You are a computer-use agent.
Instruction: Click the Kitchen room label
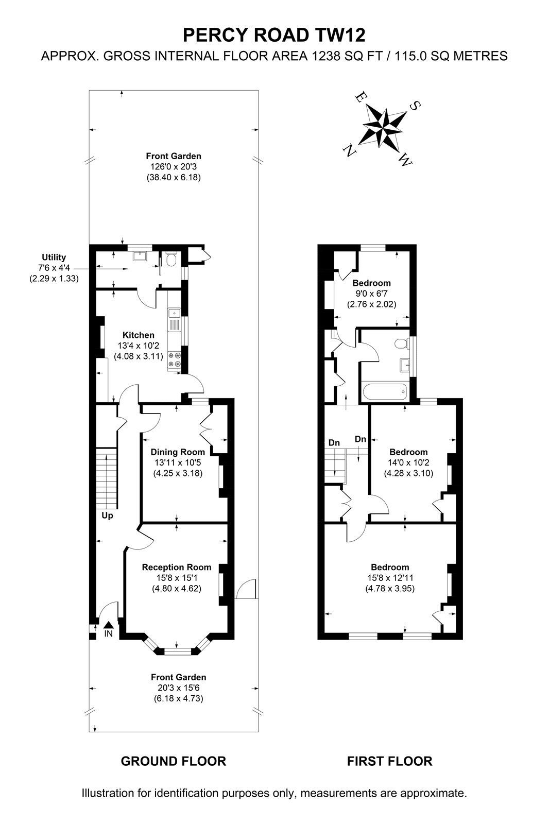[x=139, y=335]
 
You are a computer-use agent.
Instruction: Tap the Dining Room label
[x=178, y=452]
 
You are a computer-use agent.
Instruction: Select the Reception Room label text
[x=177, y=567]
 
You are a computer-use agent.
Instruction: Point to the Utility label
[x=54, y=257]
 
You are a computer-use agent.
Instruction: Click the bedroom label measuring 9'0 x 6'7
[x=372, y=283]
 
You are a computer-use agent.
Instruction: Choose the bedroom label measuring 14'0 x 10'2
[x=408, y=452]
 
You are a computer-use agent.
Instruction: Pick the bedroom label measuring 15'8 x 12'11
[x=390, y=567]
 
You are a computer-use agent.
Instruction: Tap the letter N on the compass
[x=347, y=150]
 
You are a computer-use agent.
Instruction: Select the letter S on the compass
[x=415, y=106]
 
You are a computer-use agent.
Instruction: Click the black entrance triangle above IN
[x=108, y=625]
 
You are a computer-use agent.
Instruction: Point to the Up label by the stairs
[x=107, y=516]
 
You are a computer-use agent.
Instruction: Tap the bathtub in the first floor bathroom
[x=385, y=392]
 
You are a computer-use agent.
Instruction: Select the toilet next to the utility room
[x=171, y=260]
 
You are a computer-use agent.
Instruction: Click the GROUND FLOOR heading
[x=174, y=762]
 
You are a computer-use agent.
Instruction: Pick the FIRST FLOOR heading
[x=390, y=762]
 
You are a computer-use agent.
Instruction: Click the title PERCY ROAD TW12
[x=274, y=36]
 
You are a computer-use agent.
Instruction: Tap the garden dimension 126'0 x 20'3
[x=174, y=167]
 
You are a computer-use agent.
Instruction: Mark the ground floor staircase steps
[x=107, y=478]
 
